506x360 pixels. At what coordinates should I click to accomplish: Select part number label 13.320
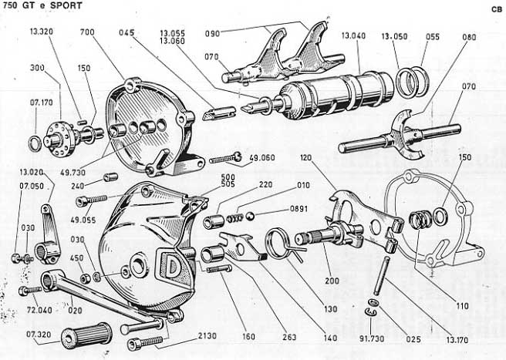42,33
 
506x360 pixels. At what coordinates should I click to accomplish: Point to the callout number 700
86,33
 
